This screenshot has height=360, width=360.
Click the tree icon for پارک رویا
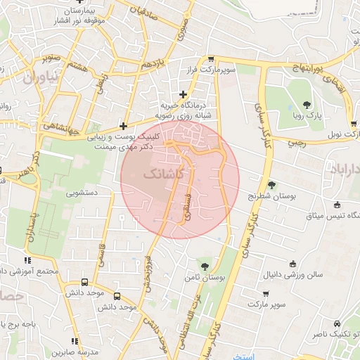pos(307,105)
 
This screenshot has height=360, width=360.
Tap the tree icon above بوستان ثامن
pos(205,266)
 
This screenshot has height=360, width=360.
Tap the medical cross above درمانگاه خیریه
pos(184,94)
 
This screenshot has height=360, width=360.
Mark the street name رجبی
pos(295,141)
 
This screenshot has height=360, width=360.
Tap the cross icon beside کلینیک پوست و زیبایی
pos(124,126)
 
